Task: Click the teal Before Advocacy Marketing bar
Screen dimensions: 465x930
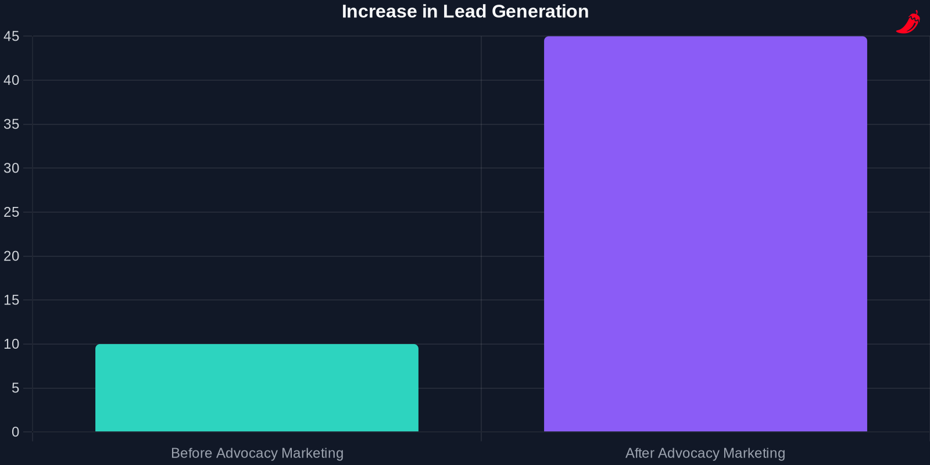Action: [x=257, y=388]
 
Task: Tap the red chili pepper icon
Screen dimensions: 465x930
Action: [x=908, y=22]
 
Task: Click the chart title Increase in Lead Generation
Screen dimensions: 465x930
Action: [x=465, y=12]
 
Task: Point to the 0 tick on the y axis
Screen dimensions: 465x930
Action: [x=15, y=432]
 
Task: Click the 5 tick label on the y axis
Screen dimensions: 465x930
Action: [x=15, y=388]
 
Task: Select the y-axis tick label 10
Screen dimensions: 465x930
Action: [x=12, y=344]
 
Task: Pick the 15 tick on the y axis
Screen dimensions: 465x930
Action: [x=12, y=300]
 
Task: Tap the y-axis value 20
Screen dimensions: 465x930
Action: [x=12, y=256]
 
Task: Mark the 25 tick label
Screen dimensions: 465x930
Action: [x=12, y=212]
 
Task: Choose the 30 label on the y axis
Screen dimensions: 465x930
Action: [x=12, y=168]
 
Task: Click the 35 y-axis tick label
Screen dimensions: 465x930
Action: [x=12, y=124]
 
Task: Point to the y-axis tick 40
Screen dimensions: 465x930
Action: [x=12, y=80]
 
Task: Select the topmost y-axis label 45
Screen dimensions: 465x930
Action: [x=12, y=37]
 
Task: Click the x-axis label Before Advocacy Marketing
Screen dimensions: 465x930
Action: [x=257, y=453]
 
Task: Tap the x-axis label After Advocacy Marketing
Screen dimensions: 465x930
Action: [x=705, y=453]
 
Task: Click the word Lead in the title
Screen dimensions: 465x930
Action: [x=464, y=12]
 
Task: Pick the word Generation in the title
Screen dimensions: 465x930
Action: [x=540, y=12]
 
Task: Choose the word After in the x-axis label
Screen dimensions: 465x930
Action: [x=639, y=453]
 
